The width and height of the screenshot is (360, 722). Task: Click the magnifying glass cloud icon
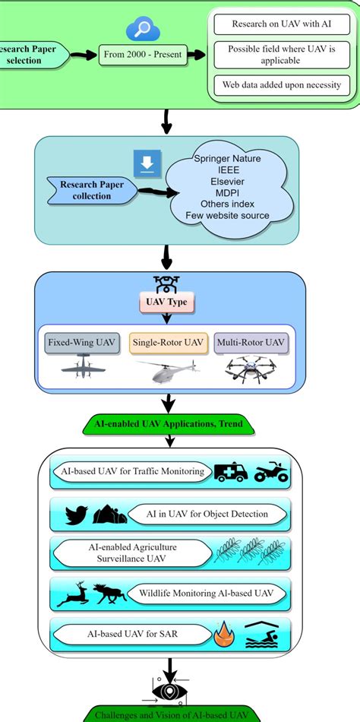141,30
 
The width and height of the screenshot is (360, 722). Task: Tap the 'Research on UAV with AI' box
282,24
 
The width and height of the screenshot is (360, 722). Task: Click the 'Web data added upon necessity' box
282,84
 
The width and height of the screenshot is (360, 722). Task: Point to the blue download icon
146,163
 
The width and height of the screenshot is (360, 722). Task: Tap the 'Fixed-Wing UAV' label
81,343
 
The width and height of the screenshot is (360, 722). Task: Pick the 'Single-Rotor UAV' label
167,343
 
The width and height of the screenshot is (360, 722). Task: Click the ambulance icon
231,473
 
